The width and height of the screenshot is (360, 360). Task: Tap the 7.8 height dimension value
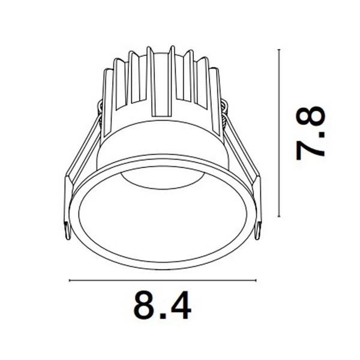(310, 133)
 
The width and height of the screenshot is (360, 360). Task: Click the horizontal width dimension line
(162, 280)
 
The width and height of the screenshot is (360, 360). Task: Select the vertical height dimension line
(279, 133)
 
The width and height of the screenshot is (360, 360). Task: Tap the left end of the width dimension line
(70, 280)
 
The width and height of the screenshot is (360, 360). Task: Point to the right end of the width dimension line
(256, 280)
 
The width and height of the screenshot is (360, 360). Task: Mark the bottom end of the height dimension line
(279, 216)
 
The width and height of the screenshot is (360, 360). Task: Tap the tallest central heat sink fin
(172, 78)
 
